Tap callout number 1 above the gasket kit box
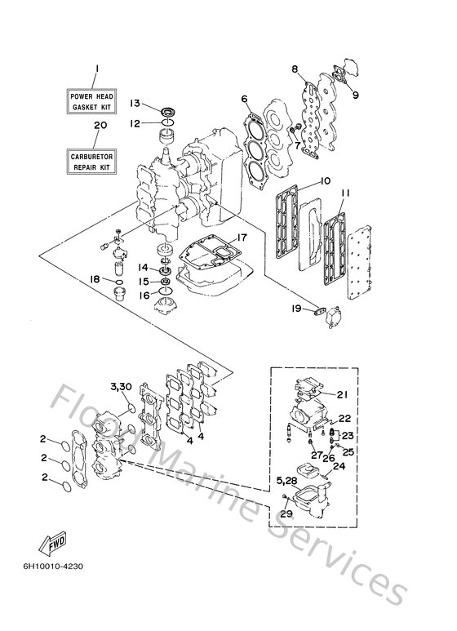point(95,69)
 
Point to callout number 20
point(100,126)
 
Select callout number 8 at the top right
point(295,70)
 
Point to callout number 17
point(242,238)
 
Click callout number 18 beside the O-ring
point(95,279)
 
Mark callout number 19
point(298,309)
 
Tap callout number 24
point(340,468)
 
